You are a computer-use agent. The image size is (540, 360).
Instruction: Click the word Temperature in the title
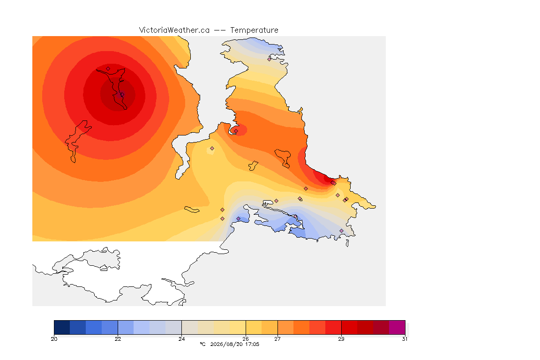coord(254,30)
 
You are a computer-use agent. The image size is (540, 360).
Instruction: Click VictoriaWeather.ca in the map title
coord(174,30)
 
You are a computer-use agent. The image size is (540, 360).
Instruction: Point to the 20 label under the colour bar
coord(54,339)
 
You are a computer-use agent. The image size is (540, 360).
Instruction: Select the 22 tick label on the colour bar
coord(118,339)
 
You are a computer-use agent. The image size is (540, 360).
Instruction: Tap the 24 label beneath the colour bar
coord(181,339)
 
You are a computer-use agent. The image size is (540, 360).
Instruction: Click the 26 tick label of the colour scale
coord(246,339)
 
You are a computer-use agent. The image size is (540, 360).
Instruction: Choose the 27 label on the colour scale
coord(277,339)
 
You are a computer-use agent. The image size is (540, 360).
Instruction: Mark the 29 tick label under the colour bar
coord(341,339)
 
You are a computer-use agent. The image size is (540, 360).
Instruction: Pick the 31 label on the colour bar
coord(405,339)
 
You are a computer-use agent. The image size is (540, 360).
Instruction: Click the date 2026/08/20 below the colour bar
coord(226,344)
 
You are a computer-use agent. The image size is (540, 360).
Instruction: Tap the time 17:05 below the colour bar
coord(252,344)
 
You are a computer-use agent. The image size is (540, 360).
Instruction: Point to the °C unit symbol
coord(202,344)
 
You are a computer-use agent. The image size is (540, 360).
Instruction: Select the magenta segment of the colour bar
coord(397,327)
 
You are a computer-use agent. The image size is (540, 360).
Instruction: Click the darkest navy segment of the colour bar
coord(62,327)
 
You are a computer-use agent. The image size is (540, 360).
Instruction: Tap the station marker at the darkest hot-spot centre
coord(122,94)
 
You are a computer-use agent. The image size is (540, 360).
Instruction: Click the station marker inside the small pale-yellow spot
coord(212,149)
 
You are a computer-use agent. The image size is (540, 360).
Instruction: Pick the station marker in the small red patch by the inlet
coord(236,131)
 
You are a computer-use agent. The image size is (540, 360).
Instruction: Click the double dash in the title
coord(220,30)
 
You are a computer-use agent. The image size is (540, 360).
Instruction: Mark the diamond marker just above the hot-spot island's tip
coord(108,69)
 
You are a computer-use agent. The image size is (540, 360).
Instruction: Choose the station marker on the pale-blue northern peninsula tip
coord(270,59)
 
